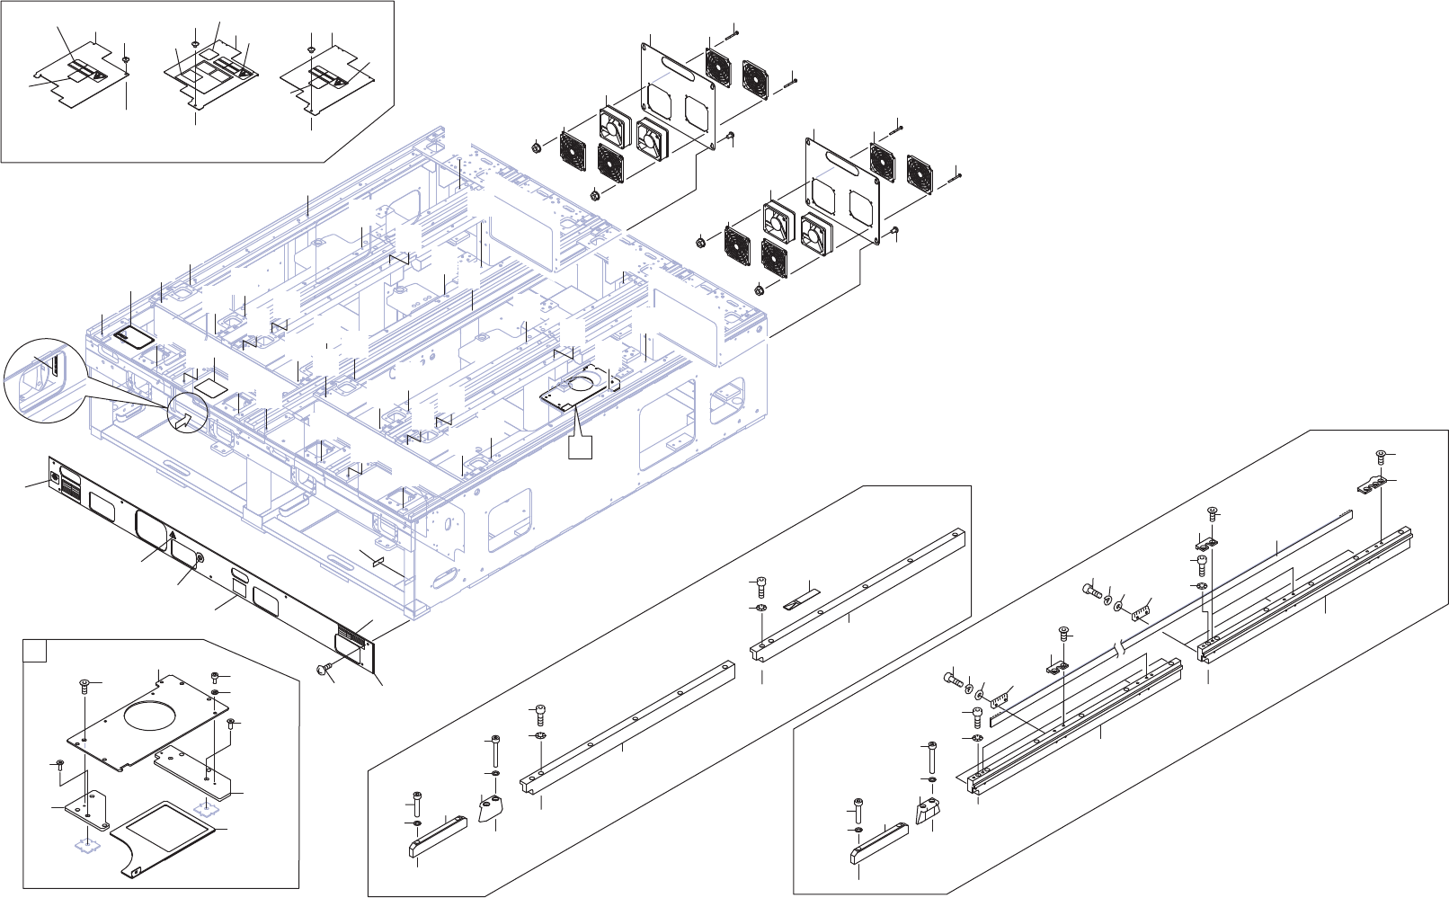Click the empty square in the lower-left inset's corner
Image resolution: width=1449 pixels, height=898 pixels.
pos(34,651)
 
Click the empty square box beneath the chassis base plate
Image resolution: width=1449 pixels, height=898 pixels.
pos(581,448)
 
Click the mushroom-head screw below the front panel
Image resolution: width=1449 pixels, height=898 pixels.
pos(322,667)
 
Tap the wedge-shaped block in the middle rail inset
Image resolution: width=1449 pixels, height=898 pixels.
pos(491,807)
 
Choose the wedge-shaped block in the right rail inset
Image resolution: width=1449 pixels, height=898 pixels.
pos(927,810)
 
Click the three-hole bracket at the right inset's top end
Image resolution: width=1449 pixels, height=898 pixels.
pos(1371,486)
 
